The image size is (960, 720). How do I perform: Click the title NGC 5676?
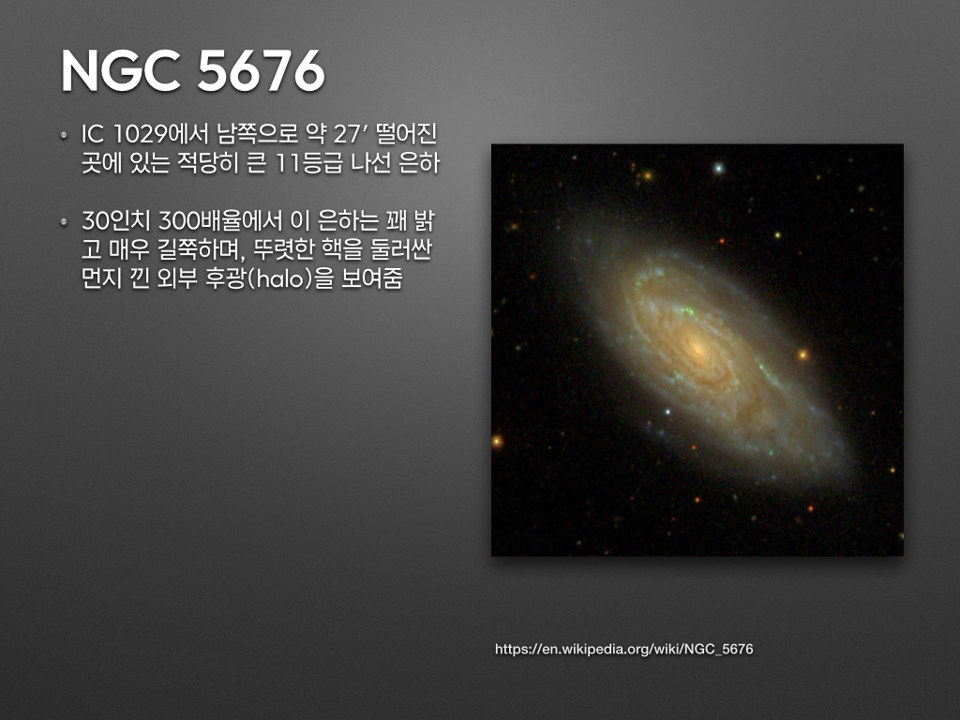[x=193, y=70]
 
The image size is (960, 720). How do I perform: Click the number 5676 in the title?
[x=261, y=70]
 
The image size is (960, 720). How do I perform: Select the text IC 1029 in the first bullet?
[x=123, y=135]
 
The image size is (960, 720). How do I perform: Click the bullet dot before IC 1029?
[x=64, y=135]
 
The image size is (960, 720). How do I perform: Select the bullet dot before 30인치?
[x=64, y=221]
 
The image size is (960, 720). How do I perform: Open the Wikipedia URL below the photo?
[x=623, y=649]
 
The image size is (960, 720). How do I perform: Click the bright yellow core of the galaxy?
[x=697, y=349]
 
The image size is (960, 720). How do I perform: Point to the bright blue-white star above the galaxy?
[x=719, y=167]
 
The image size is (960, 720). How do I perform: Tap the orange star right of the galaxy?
[x=803, y=355]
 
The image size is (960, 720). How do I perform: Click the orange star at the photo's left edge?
[x=497, y=441]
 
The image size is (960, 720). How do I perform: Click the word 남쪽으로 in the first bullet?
[x=257, y=135]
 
